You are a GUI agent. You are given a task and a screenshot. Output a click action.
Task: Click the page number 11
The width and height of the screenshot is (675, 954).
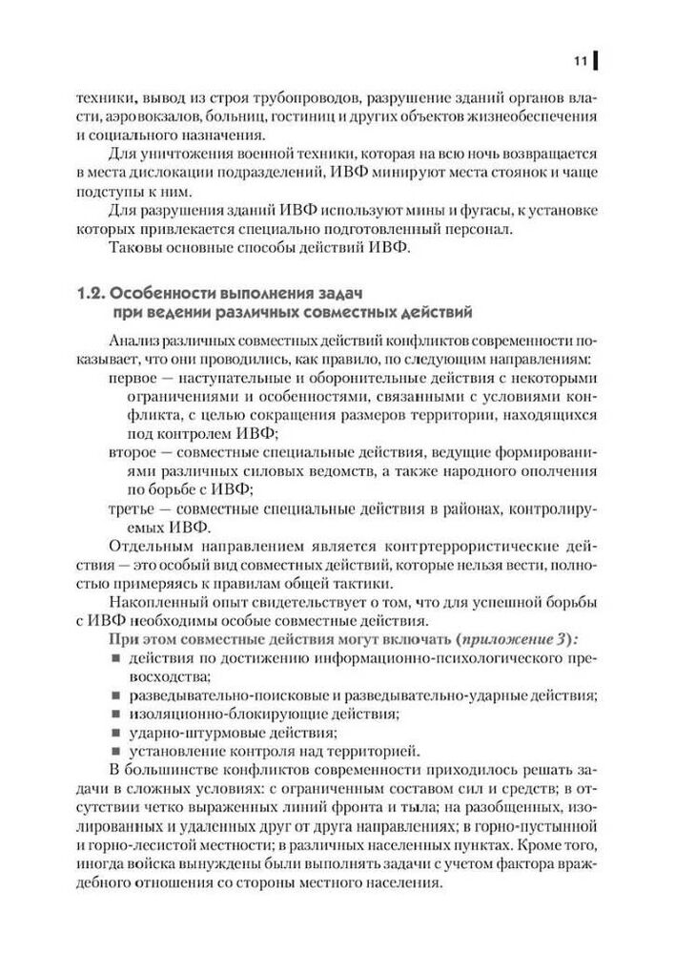580,62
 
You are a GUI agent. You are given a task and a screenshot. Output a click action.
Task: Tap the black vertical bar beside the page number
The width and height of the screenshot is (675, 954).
597,62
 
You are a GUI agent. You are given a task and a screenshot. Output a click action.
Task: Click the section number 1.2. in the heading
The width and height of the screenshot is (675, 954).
96,294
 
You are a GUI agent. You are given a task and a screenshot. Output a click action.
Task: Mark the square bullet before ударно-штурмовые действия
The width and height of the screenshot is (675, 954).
114,733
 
